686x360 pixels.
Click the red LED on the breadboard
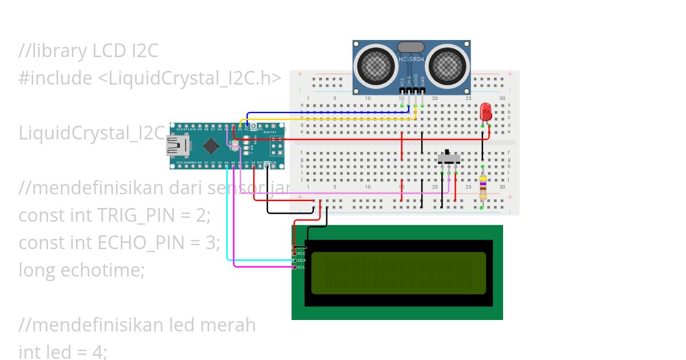pos(486,111)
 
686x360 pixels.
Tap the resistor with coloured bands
pos(483,186)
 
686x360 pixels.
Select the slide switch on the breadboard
pos(449,157)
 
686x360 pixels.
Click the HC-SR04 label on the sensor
pos(411,59)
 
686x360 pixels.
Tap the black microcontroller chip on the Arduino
pos(211,146)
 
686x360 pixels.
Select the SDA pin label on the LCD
pos(301,260)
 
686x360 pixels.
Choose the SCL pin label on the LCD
pos(301,267)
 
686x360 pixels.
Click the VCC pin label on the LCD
pos(301,253)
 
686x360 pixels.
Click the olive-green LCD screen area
pos(398,273)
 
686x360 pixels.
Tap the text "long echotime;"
pos(82,270)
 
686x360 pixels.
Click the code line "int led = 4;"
pos(63,351)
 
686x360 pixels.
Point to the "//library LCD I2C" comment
pos(88,51)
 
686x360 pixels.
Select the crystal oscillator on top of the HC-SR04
pos(411,47)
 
